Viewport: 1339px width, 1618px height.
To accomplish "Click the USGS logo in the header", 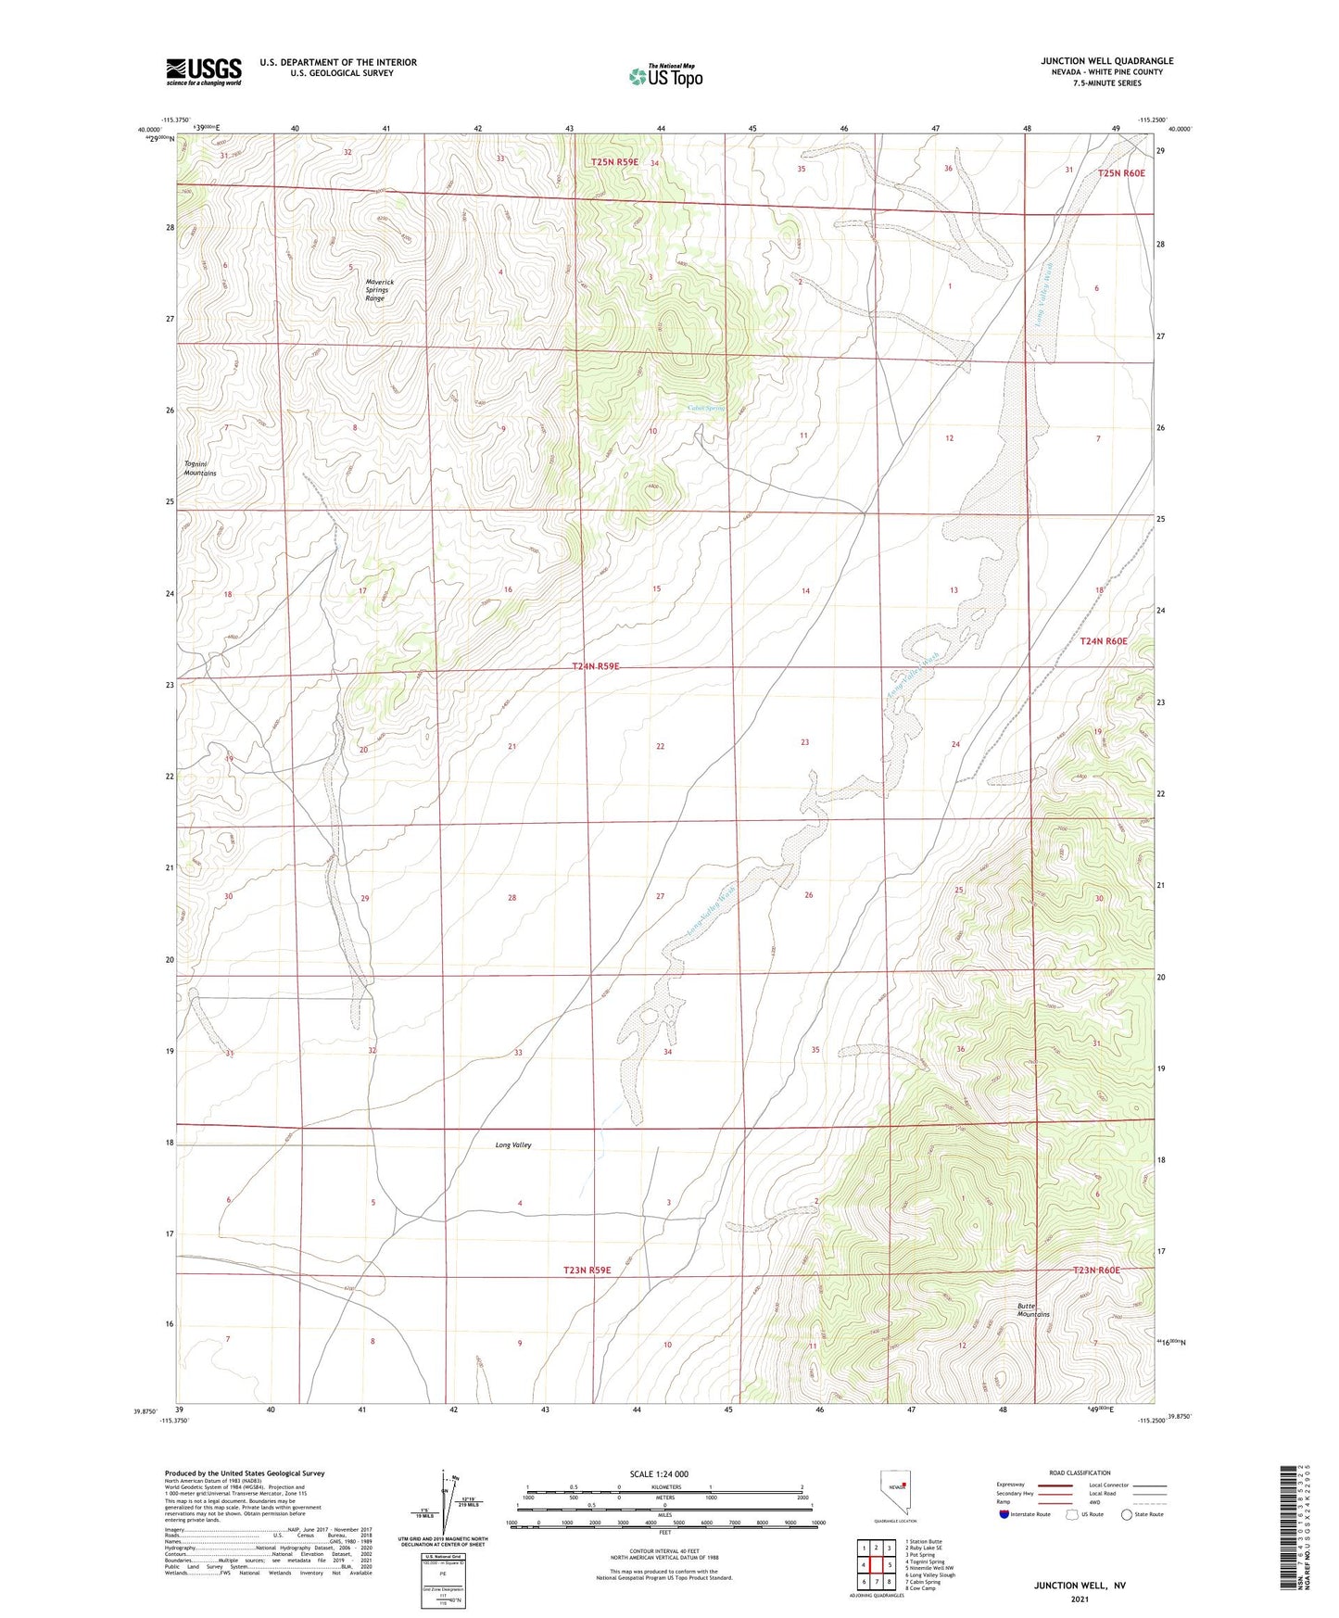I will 204,71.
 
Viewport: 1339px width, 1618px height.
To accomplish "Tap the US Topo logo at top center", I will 665,76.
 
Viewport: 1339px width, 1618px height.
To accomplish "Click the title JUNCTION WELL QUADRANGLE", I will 1106,61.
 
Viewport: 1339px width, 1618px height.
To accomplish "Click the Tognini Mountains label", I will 199,468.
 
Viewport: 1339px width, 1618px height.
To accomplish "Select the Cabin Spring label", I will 706,408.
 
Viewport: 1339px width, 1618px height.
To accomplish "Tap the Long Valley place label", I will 513,1145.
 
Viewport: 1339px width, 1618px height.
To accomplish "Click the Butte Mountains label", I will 1033,1309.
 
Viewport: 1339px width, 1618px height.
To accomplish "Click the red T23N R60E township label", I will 1096,1270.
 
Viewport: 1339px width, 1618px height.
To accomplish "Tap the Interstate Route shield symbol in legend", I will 1004,1514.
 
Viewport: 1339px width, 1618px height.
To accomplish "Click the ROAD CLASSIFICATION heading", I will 1080,1473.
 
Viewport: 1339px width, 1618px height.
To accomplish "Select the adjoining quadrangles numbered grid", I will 876,1564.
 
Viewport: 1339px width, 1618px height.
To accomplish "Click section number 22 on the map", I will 660,746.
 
